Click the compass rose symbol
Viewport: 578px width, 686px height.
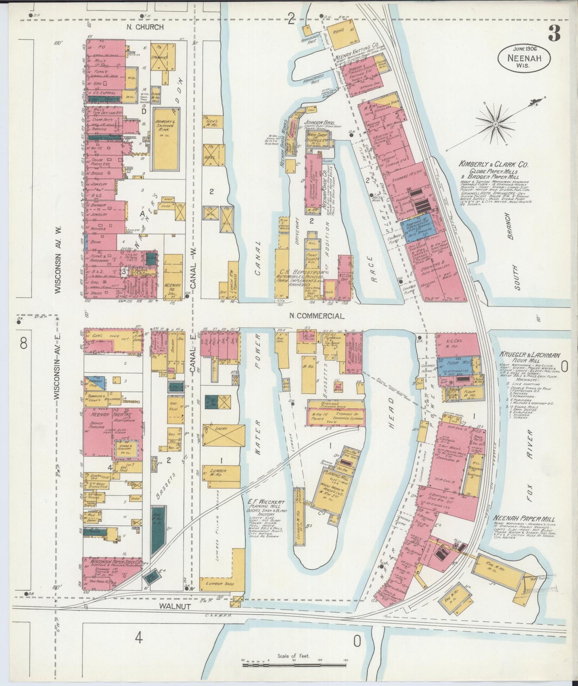[496, 124]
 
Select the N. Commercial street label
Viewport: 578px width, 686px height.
[317, 316]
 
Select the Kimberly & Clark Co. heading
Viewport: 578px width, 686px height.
[494, 164]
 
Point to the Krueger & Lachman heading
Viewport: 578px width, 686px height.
[530, 355]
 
